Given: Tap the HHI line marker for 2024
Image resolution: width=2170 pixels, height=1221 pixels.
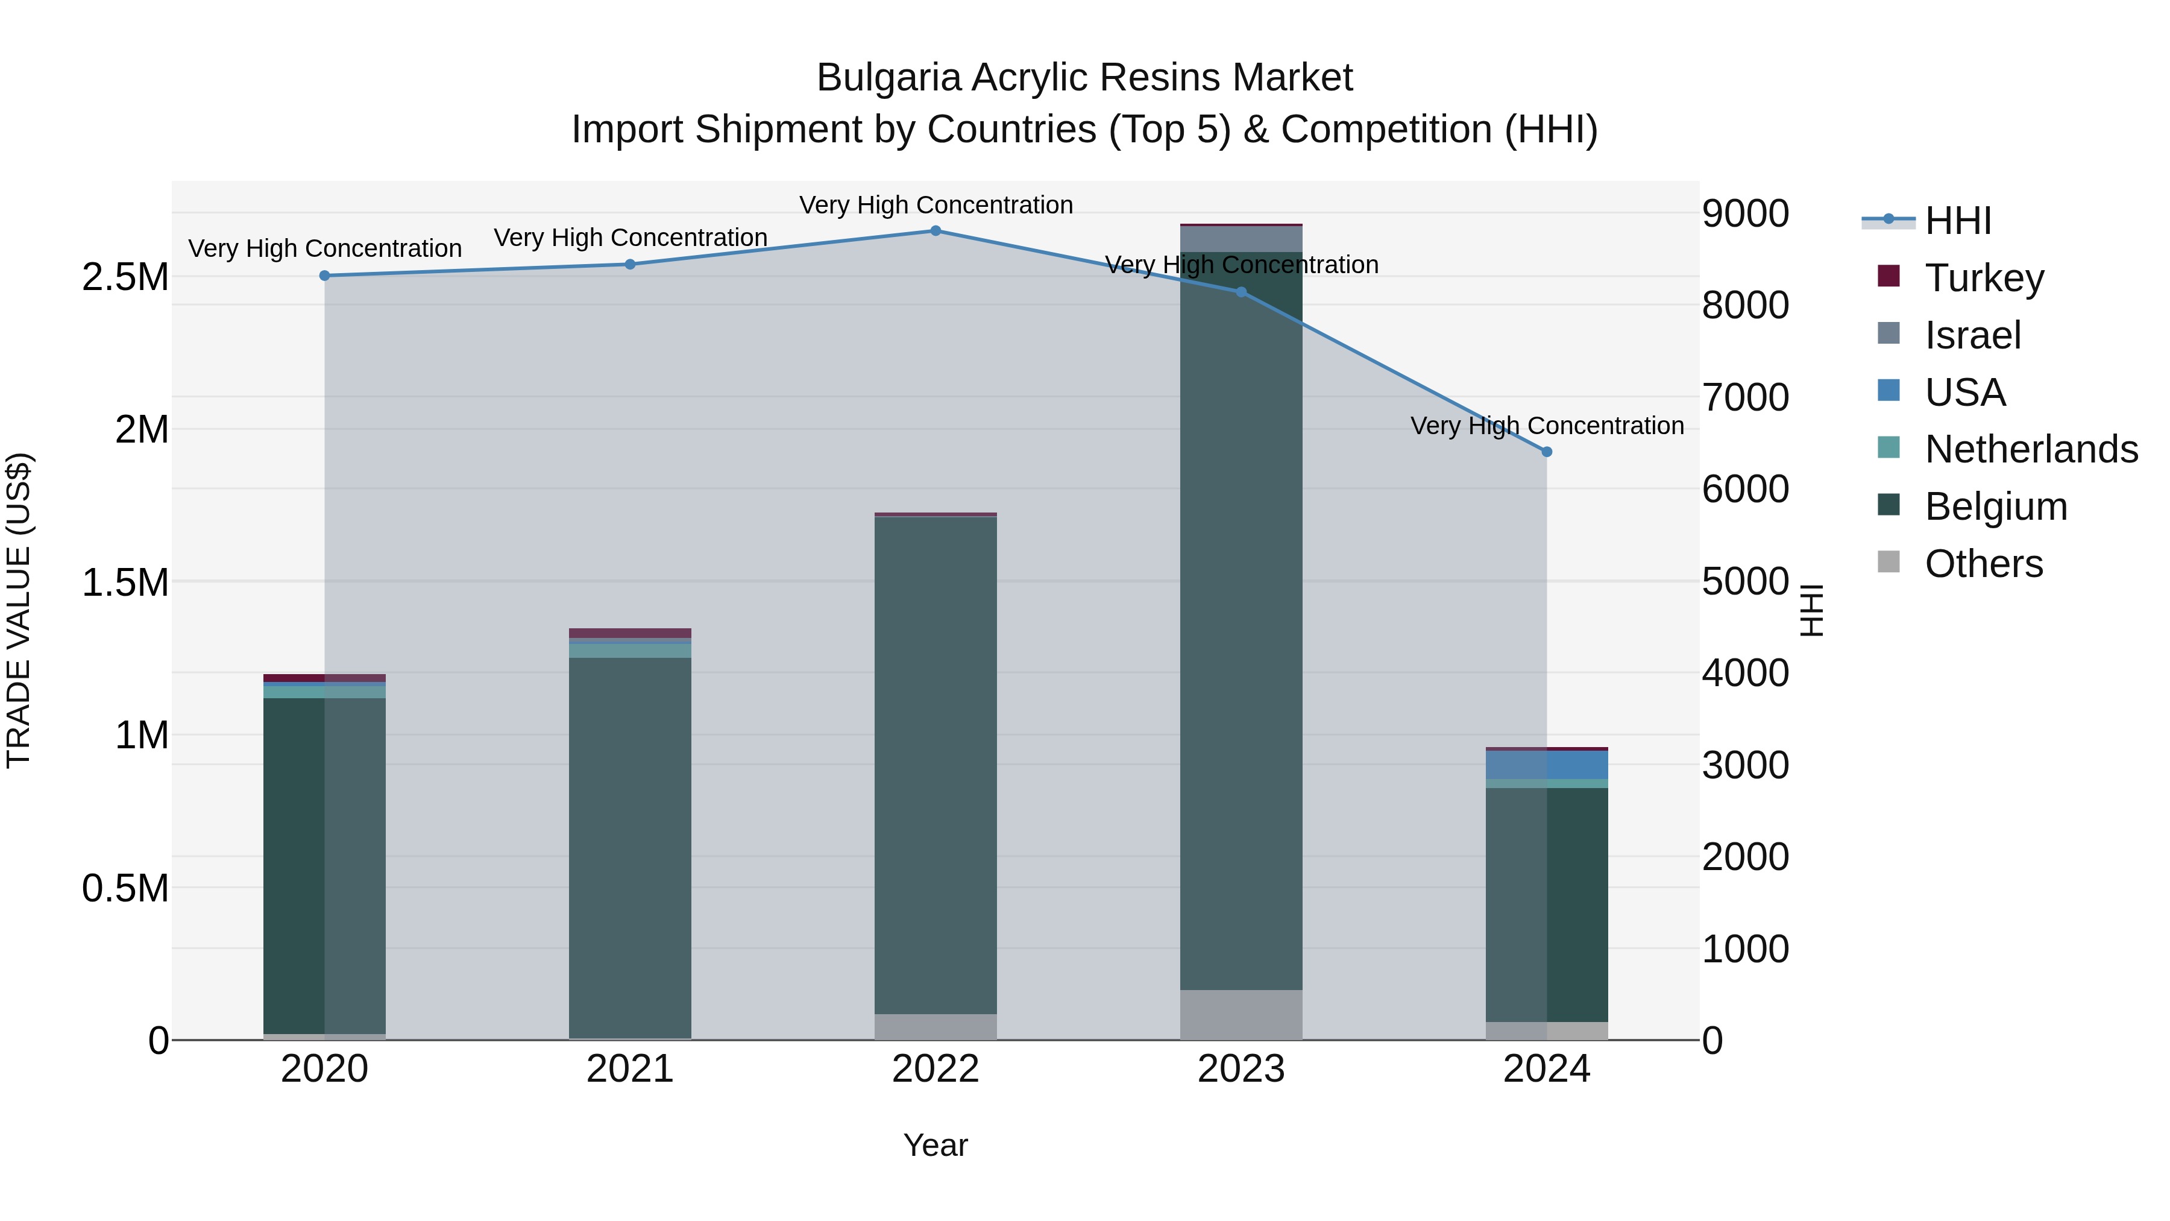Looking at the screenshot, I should (1547, 452).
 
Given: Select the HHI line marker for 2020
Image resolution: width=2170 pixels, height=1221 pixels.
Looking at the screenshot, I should (324, 276).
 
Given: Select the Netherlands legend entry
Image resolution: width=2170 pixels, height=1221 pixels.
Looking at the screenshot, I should (2030, 449).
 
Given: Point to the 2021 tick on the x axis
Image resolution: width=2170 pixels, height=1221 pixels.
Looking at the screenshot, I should (630, 1069).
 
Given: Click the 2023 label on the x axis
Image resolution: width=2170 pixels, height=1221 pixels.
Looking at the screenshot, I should (1241, 1069).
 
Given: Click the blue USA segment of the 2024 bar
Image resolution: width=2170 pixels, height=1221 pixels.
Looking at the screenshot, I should (1547, 765).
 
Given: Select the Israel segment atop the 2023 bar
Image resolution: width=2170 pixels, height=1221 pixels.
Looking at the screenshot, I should (1241, 239).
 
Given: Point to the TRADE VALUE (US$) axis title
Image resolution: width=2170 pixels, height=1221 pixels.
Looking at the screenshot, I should (19, 610).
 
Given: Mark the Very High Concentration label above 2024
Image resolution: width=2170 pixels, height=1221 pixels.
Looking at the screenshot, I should (1547, 426).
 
